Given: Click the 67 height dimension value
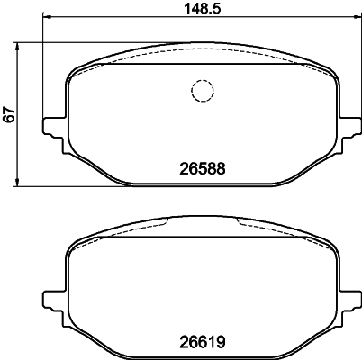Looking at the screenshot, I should (10, 115).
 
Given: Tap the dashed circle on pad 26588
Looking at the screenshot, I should (201, 91).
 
